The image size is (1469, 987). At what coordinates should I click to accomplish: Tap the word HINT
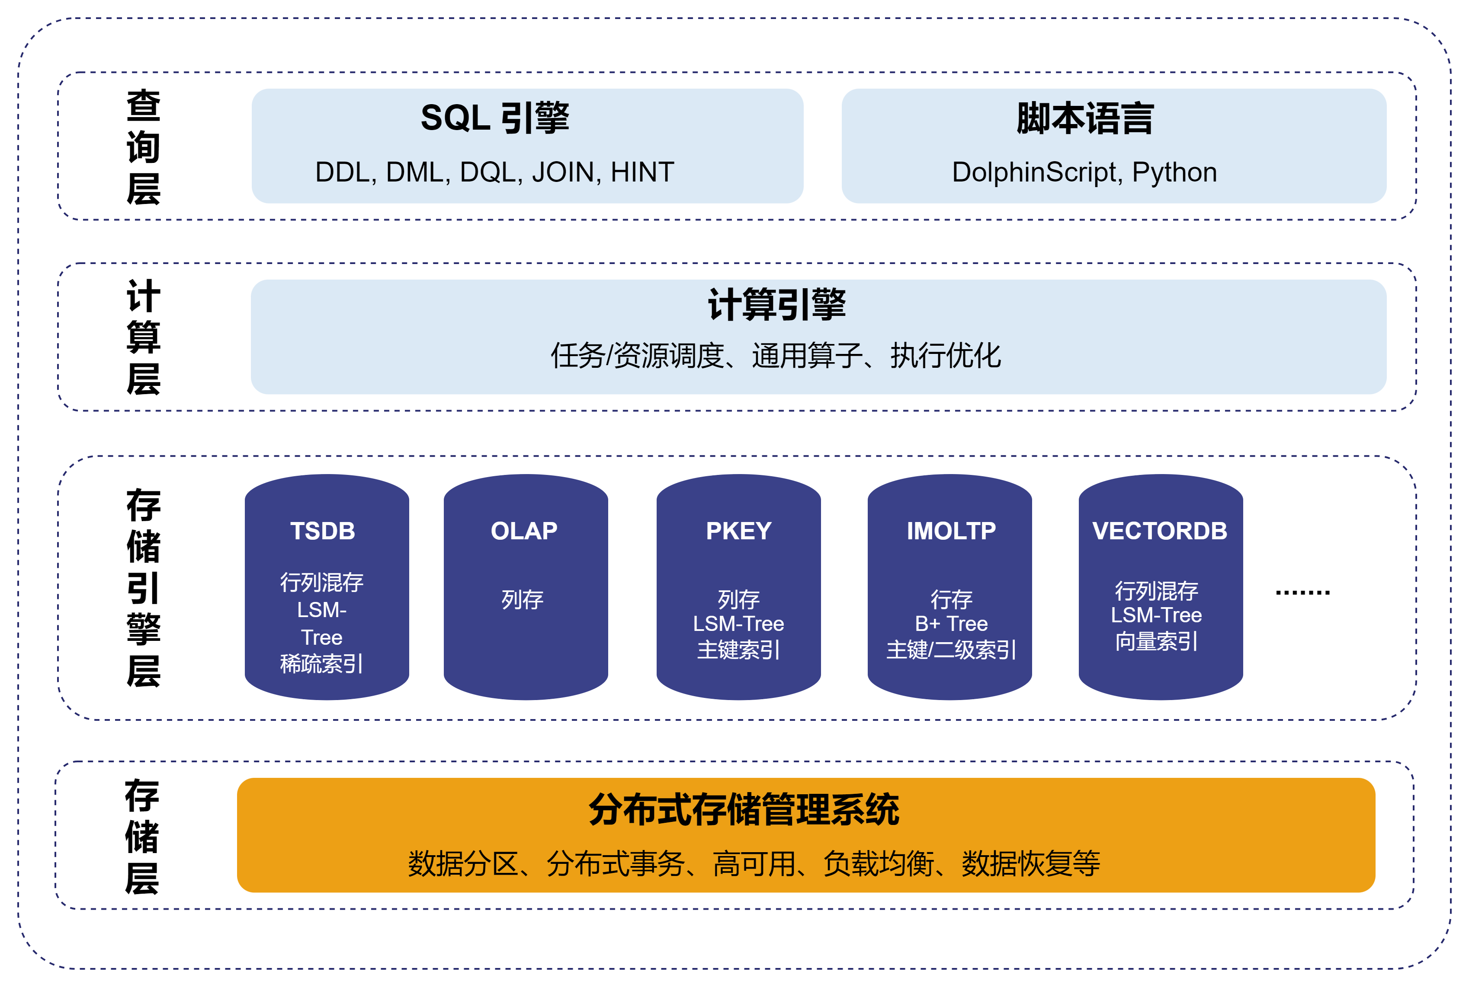click(x=642, y=172)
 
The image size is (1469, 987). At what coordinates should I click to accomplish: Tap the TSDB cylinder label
click(x=323, y=531)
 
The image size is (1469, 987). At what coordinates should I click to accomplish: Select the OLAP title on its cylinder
click(x=524, y=531)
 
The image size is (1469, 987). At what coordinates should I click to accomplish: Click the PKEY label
click(x=738, y=531)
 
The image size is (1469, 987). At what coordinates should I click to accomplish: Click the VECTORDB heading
click(x=1160, y=531)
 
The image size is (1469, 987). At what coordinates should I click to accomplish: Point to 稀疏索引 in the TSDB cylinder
click(x=321, y=663)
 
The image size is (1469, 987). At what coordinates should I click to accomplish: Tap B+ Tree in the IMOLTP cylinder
click(x=951, y=624)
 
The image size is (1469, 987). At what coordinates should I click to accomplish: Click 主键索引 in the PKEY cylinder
click(x=738, y=650)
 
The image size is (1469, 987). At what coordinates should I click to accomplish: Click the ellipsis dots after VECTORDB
click(x=1302, y=592)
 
